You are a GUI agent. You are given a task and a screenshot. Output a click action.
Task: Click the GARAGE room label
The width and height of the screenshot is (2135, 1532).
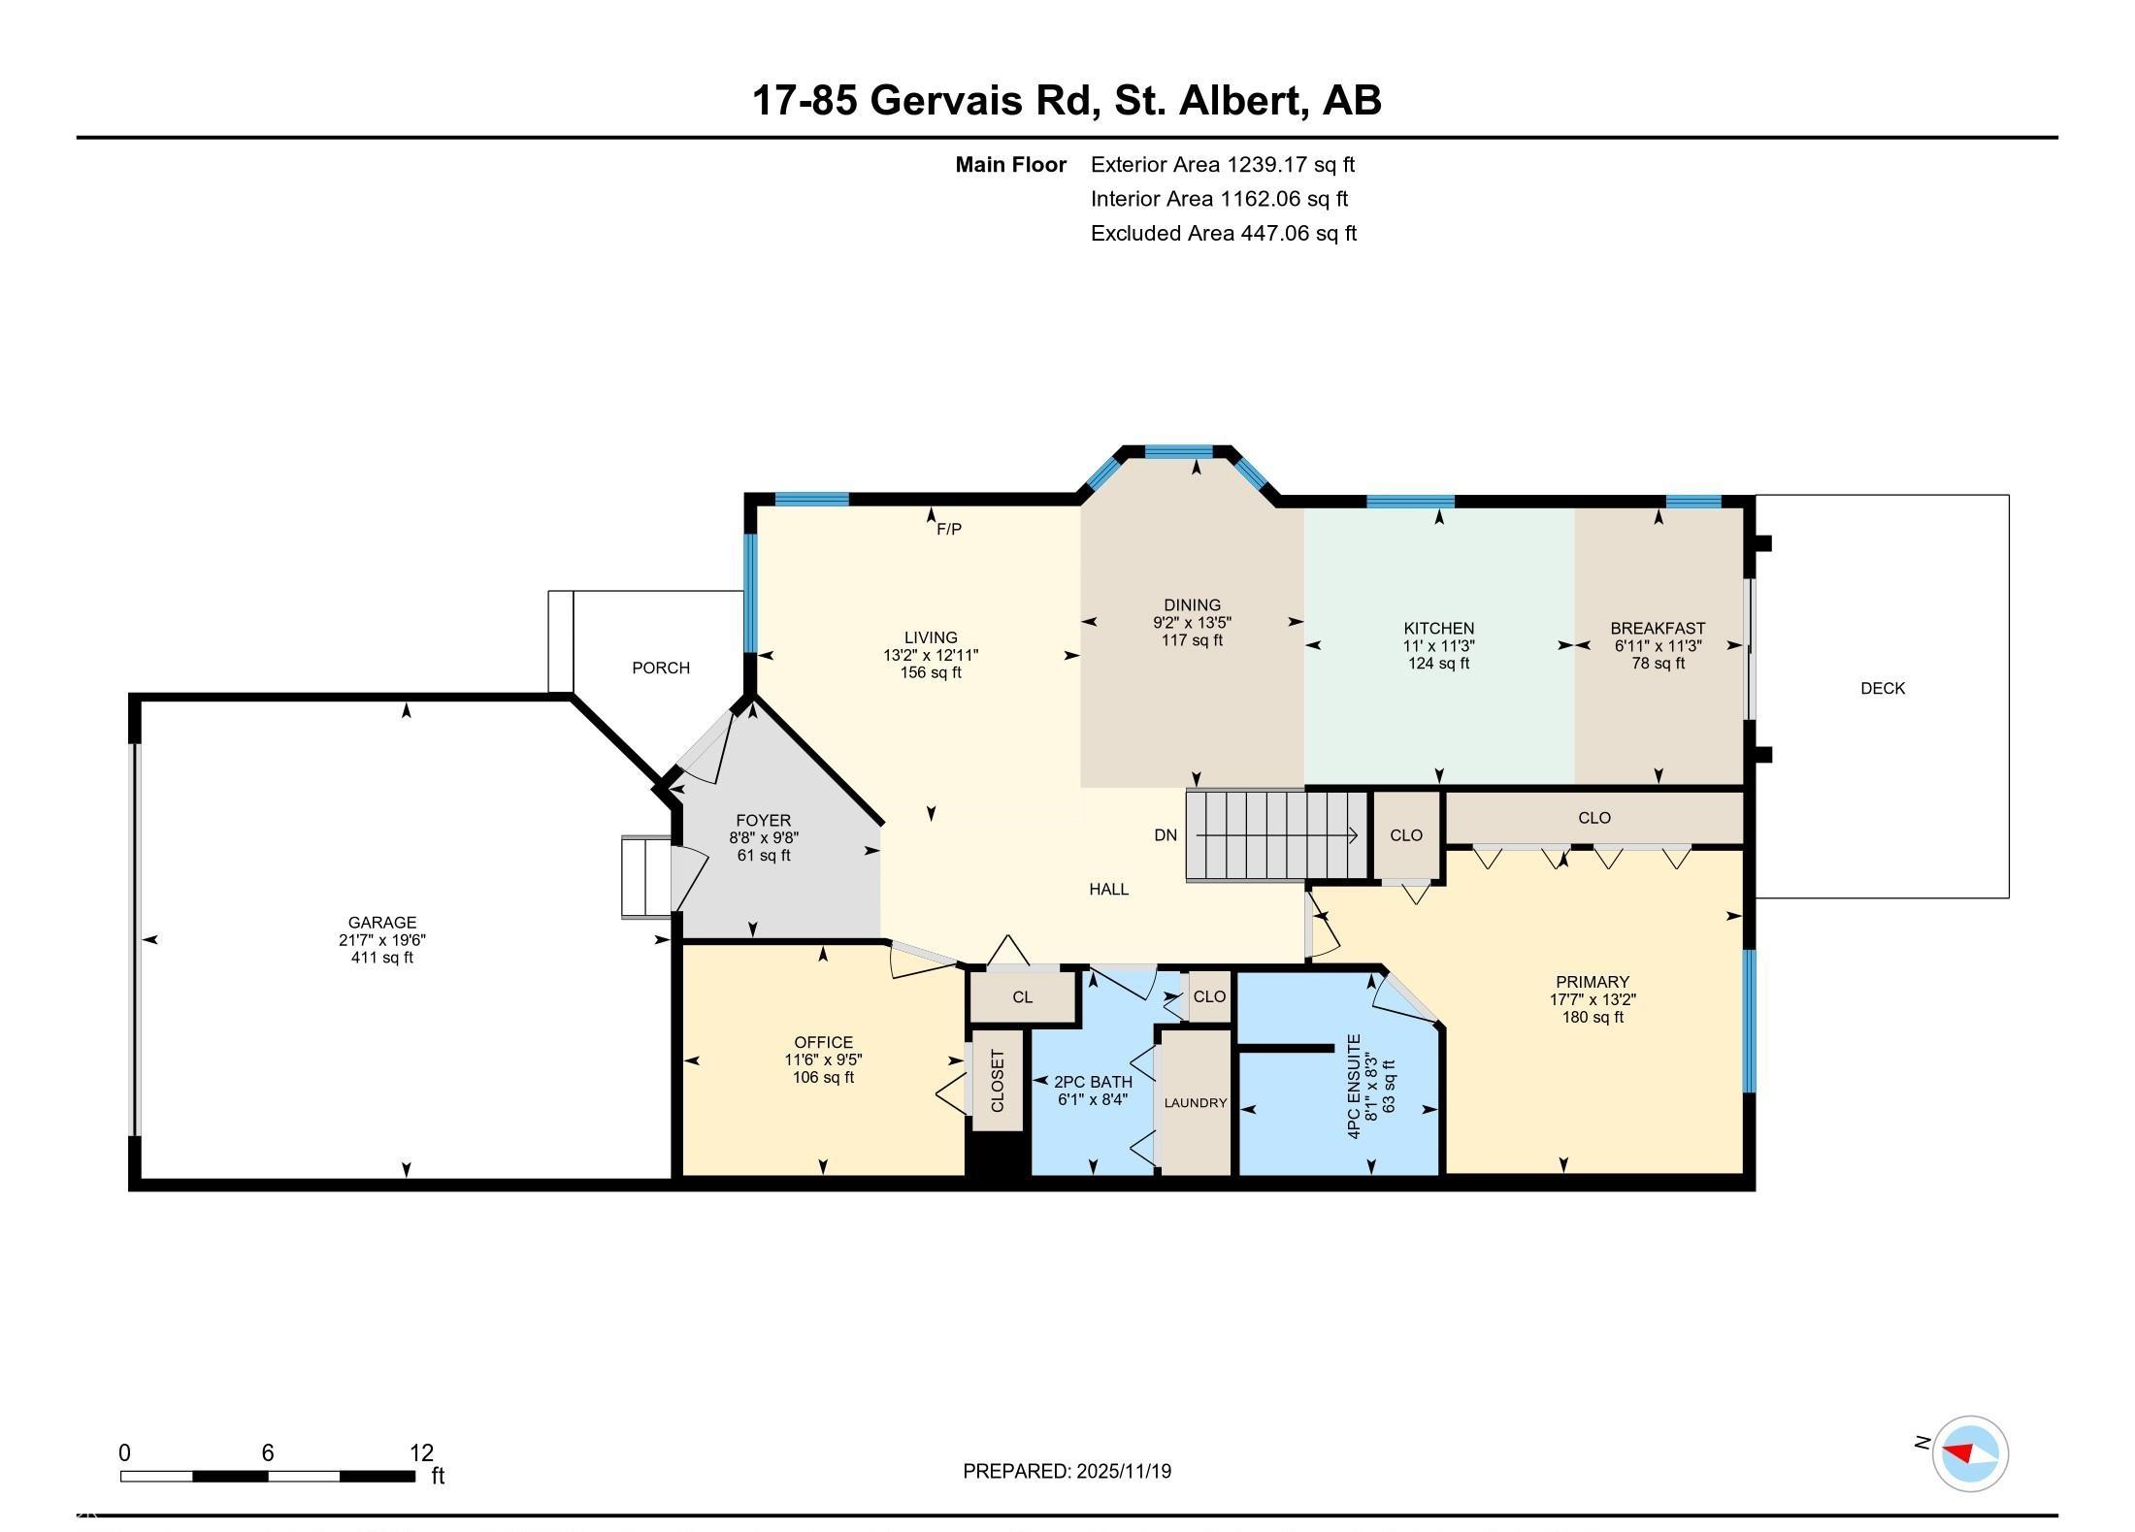click(382, 922)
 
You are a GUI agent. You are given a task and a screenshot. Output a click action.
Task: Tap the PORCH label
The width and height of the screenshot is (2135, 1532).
click(661, 668)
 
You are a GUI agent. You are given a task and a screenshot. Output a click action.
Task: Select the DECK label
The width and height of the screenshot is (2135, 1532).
click(1883, 688)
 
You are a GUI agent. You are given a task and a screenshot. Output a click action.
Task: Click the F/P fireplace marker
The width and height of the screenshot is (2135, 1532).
click(949, 529)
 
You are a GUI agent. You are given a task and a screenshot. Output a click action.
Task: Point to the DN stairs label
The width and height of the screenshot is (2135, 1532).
click(1166, 834)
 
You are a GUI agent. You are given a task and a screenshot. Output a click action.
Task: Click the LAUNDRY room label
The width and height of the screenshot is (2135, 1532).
click(1196, 1102)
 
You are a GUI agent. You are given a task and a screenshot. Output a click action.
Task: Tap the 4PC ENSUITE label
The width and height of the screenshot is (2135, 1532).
click(1355, 1086)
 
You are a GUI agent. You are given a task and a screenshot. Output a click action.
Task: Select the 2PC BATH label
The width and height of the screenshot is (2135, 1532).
click(1093, 1082)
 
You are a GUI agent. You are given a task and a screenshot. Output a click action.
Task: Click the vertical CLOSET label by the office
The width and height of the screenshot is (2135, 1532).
click(998, 1081)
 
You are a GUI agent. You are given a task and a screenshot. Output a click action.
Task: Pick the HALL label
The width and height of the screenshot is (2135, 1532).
click(1108, 889)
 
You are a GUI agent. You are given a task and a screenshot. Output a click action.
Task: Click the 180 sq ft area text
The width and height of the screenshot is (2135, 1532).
click(1593, 1017)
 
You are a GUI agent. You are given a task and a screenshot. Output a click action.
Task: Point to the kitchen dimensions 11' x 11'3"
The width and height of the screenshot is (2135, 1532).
click(1439, 645)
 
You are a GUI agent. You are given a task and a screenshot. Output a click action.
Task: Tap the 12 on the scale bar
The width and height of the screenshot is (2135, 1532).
click(421, 1452)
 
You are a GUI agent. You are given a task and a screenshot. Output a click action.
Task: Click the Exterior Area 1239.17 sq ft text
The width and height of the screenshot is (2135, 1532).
click(1223, 164)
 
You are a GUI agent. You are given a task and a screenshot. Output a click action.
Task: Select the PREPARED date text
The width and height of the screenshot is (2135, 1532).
click(1067, 1471)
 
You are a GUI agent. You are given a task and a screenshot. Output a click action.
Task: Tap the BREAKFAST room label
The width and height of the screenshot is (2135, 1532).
click(1658, 628)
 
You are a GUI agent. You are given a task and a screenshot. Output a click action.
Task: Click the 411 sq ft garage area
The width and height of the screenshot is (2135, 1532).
click(382, 958)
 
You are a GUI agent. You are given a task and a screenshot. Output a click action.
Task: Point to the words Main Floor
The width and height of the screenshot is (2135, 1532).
click(1011, 164)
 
